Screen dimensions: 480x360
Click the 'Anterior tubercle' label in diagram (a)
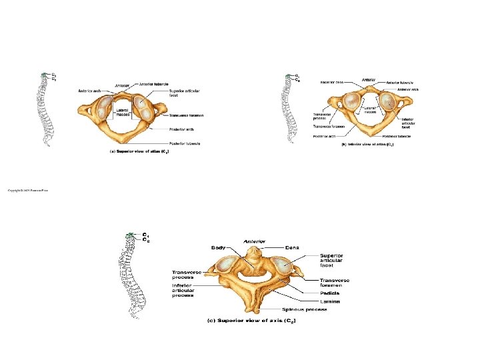coord(153,84)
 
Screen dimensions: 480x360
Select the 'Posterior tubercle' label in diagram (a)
coord(186,143)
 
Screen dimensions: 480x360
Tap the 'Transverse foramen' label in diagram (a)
coord(186,115)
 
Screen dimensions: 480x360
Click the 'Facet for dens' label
coord(331,83)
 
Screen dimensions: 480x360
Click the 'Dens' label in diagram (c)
coord(292,247)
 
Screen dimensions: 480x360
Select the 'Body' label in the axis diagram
coord(218,247)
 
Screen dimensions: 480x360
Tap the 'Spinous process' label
coord(304,309)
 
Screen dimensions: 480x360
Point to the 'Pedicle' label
coord(330,293)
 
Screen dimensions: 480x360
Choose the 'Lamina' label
coord(330,301)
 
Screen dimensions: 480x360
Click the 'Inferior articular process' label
coord(183,291)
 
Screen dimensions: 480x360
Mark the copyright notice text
coord(28,191)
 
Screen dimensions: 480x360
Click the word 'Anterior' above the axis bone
coord(255,241)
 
